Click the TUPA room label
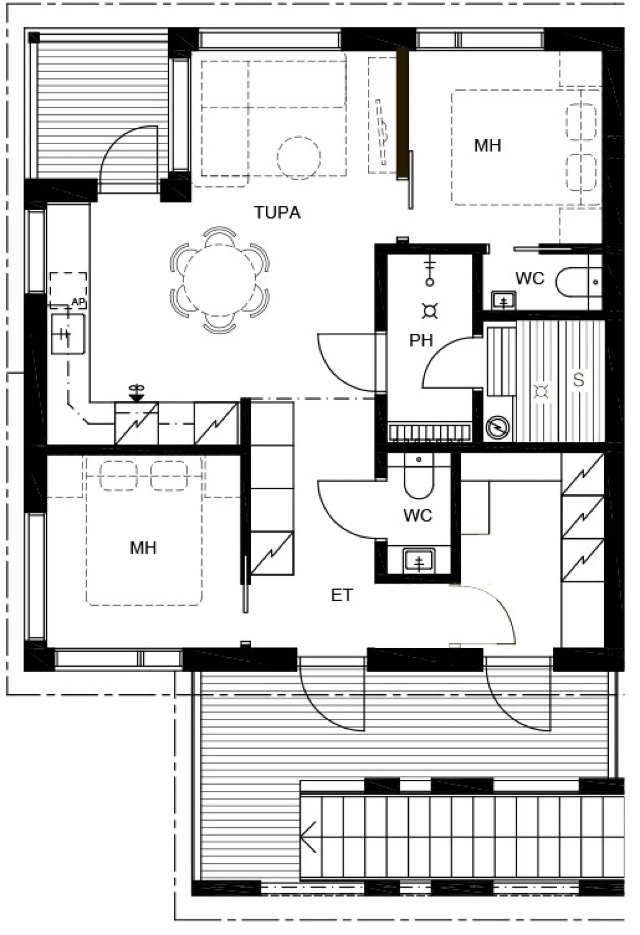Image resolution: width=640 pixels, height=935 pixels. [x=277, y=213]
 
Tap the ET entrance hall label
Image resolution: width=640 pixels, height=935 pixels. [x=342, y=595]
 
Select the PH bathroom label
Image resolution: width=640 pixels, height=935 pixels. [x=421, y=341]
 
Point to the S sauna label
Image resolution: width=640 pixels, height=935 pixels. [x=579, y=380]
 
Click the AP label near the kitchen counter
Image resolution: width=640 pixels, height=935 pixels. [x=78, y=302]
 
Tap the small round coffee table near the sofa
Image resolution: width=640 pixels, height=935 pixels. [x=299, y=158]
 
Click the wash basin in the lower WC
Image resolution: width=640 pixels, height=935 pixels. [x=419, y=560]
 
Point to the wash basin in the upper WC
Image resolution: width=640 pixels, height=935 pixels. [x=504, y=301]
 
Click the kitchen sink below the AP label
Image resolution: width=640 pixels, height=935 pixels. [x=68, y=334]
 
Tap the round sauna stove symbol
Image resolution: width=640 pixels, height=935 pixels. [x=497, y=427]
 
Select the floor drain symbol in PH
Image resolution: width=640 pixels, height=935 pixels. [x=430, y=312]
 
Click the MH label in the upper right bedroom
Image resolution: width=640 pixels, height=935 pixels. [x=488, y=146]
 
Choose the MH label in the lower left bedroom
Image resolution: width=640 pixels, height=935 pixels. [x=143, y=547]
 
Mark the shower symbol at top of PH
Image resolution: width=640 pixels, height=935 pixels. [x=430, y=273]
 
